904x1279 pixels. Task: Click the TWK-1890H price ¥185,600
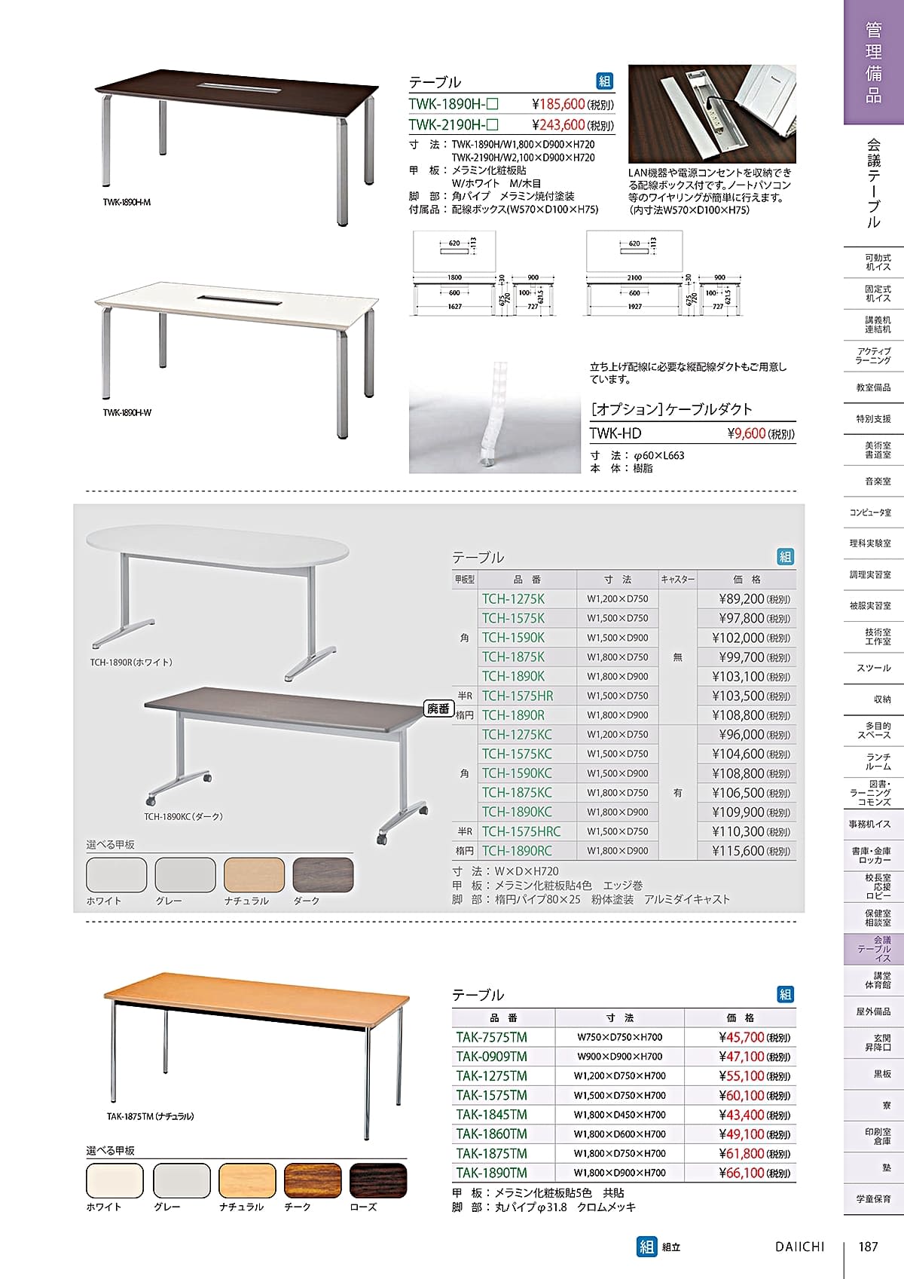click(558, 104)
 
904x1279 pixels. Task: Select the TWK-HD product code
click(615, 433)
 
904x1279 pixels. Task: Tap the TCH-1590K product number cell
click(513, 638)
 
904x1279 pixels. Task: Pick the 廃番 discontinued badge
click(438, 708)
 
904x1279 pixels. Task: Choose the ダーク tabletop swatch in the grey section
click(322, 874)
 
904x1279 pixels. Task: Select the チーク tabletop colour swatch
click(312, 1180)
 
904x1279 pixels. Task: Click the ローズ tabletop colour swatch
click(378, 1180)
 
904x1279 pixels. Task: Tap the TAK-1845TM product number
click(491, 1115)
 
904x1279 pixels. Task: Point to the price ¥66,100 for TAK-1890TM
click(741, 1173)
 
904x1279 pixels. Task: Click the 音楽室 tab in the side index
click(877, 481)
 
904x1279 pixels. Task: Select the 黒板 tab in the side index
click(881, 1073)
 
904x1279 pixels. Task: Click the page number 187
click(868, 1247)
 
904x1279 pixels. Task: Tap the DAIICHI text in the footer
click(799, 1247)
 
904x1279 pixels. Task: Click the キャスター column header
click(677, 580)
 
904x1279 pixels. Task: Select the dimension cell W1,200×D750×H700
click(619, 1076)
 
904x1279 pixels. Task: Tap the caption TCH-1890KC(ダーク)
click(183, 816)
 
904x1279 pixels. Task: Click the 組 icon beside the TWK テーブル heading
click(605, 81)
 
